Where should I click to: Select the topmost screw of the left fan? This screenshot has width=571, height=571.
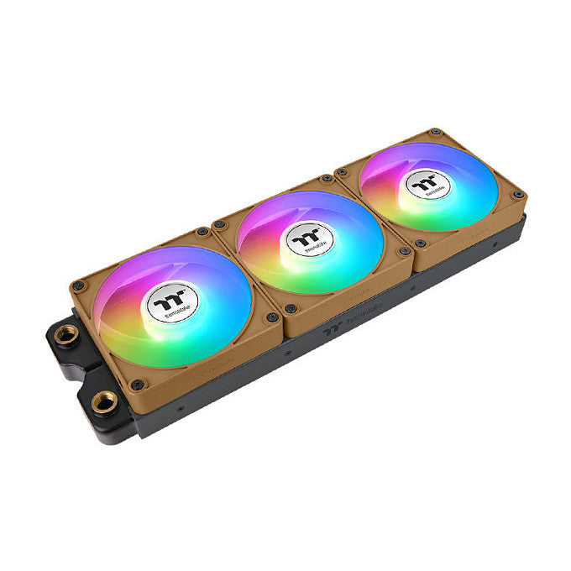coord(202,232)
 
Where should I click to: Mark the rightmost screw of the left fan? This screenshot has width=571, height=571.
coord(271,317)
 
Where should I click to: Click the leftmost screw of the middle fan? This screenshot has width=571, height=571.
coord(221,224)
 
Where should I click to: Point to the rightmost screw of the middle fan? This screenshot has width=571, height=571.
coord(404,251)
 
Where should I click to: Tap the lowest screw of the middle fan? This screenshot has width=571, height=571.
coord(289,308)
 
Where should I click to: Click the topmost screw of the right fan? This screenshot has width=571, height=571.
coord(436,133)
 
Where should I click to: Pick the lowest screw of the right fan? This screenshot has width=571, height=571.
coord(419,245)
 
